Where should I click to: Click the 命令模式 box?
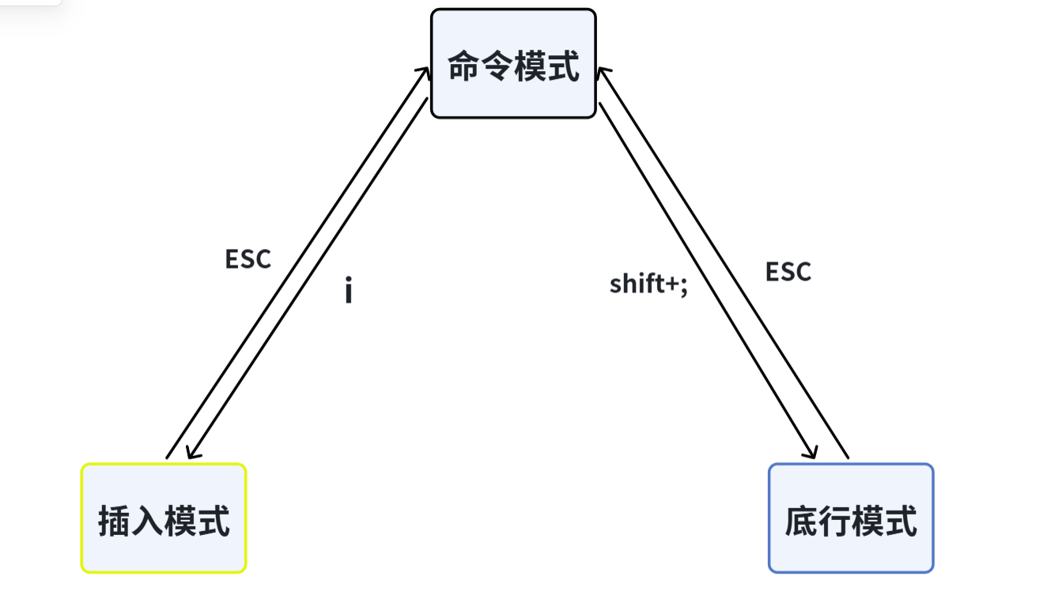513,64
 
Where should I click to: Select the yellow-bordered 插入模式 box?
164,518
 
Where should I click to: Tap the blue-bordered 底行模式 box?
851,518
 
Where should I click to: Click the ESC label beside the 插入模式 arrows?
248,259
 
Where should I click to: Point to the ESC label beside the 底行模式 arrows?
788,272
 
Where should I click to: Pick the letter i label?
348,291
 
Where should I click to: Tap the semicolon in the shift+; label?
683,285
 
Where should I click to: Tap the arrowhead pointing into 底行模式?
812,454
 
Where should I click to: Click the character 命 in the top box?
463,66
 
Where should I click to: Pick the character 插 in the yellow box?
114,522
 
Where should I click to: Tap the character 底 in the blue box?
800,522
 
